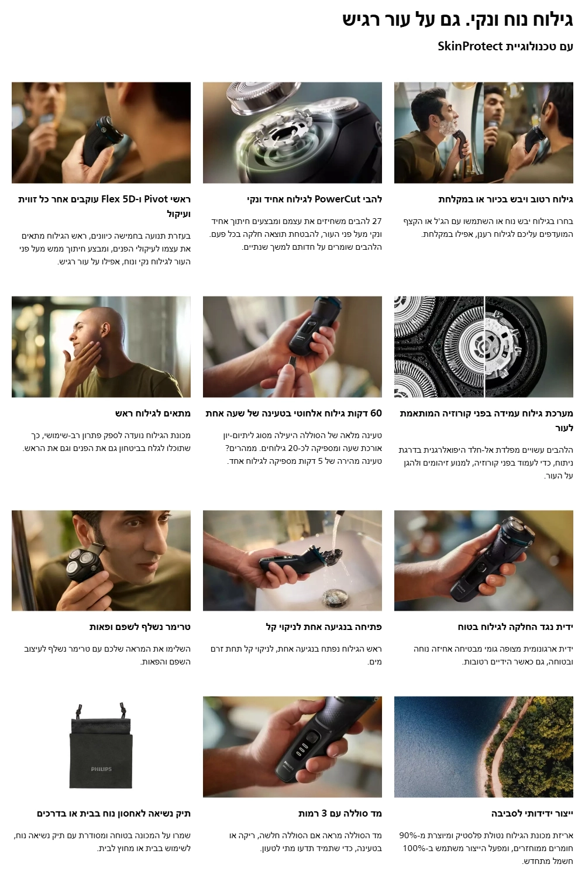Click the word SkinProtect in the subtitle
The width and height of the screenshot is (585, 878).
[470, 46]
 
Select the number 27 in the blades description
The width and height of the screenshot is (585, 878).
[376, 221]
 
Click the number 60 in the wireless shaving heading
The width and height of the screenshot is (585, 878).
[376, 413]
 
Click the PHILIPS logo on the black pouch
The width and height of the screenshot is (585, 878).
[101, 769]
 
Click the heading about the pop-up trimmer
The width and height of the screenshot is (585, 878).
[140, 627]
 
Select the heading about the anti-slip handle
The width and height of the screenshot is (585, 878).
[515, 627]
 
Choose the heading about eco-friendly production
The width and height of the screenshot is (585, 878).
[532, 814]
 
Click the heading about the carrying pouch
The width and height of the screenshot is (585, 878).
[113, 814]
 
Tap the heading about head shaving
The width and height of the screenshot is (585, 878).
[153, 413]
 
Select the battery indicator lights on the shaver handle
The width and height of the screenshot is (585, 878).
[301, 752]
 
